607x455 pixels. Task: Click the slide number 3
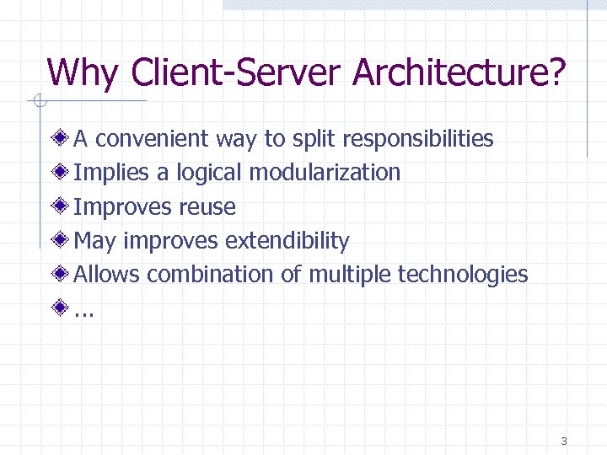click(x=563, y=441)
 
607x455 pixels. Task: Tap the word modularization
click(x=325, y=173)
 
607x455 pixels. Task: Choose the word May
click(x=94, y=242)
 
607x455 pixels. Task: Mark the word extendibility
click(x=287, y=242)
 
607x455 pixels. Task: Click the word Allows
click(x=107, y=275)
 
